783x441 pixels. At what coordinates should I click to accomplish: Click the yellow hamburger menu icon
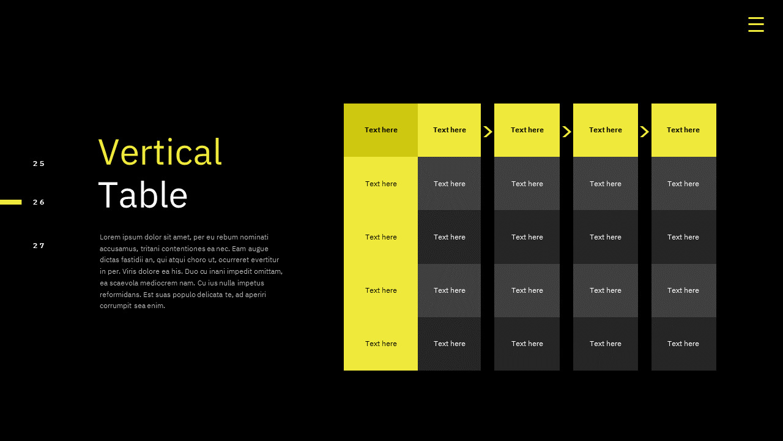(x=755, y=24)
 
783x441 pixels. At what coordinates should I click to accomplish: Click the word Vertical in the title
(x=160, y=152)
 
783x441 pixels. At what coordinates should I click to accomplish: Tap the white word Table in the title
(x=143, y=195)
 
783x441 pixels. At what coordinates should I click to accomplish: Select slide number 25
(x=39, y=164)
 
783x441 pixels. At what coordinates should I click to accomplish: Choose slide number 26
(x=39, y=202)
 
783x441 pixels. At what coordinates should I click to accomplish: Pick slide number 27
(x=39, y=246)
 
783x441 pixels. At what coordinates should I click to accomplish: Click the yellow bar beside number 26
(x=11, y=202)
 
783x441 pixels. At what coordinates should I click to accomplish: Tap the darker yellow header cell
(x=380, y=130)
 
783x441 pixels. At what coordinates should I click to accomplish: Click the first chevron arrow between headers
(x=488, y=132)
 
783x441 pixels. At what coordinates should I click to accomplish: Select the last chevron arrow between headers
(x=645, y=132)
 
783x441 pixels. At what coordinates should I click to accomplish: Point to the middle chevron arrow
(x=566, y=132)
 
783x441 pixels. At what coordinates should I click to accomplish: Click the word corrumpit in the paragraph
(x=116, y=306)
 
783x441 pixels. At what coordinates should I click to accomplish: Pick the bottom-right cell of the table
(x=683, y=344)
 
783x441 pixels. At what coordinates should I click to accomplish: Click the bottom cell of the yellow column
(x=380, y=344)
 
